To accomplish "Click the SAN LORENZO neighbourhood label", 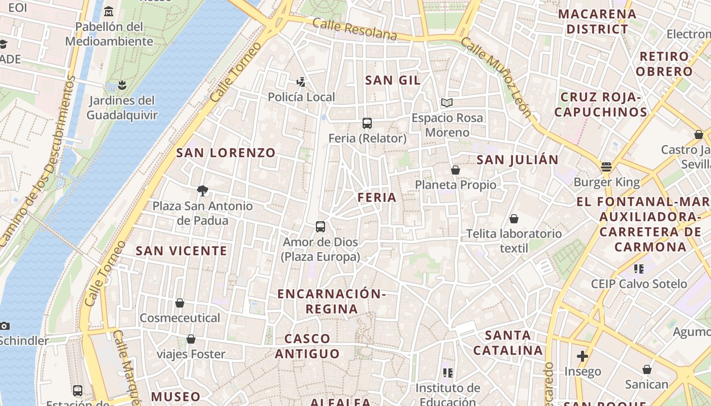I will (225, 153).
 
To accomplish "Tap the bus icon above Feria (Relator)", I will (367, 123).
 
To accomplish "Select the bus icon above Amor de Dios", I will (320, 227).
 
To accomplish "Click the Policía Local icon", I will (301, 82).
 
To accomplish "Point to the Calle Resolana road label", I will (354, 29).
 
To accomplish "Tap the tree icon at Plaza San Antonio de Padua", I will (203, 191).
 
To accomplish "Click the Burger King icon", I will (606, 167).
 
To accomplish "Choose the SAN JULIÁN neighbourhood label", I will (518, 160).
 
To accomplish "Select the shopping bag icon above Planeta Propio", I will (456, 170).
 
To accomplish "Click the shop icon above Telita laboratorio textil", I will (514, 219).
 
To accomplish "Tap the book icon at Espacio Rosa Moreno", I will (447, 103).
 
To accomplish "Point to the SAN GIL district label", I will (393, 80).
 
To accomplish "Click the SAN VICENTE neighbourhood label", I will (181, 251).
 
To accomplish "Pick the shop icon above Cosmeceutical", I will (180, 303).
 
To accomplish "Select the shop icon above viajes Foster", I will (191, 339).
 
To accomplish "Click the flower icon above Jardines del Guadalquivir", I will (121, 85).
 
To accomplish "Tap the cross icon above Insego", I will (583, 356).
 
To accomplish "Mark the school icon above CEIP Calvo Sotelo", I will (639, 268).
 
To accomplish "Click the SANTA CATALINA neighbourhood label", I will (508, 343).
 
